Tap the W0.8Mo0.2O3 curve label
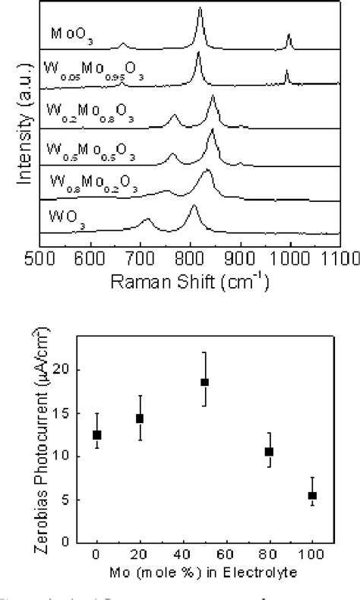(x=91, y=182)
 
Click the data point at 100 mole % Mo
(x=312, y=495)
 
